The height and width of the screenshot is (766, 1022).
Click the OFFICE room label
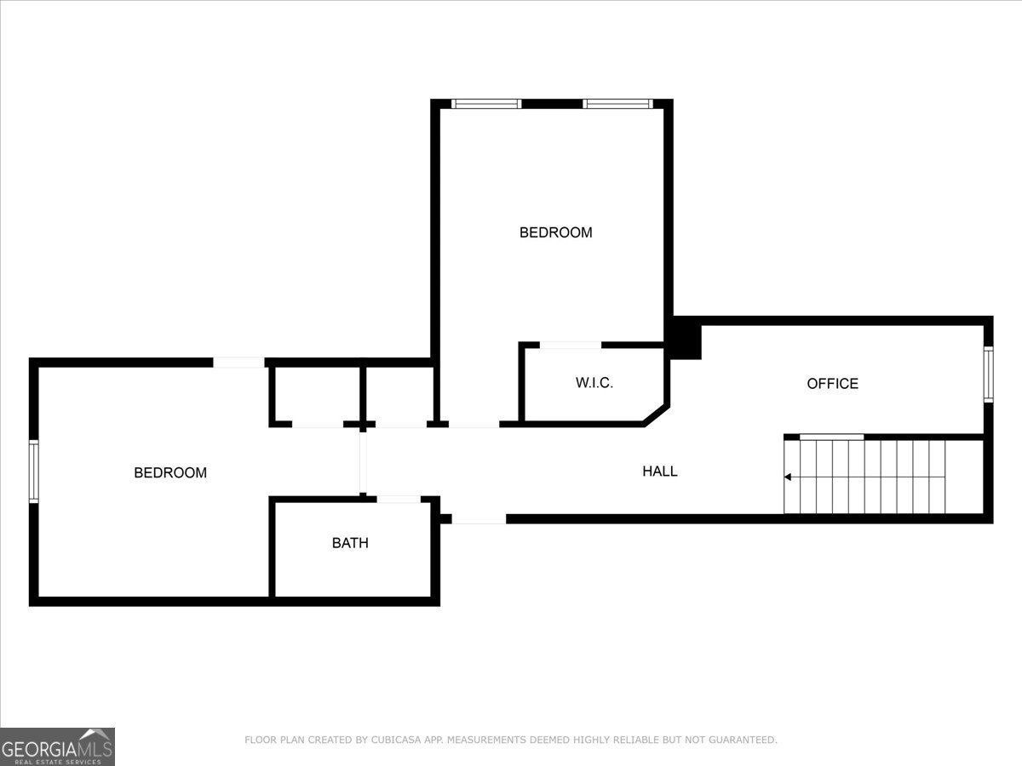click(832, 384)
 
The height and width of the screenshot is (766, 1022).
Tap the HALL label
click(660, 472)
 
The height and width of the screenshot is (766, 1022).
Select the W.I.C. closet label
click(594, 383)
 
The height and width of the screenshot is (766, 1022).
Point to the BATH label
click(350, 543)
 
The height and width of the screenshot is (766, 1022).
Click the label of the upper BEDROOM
click(556, 232)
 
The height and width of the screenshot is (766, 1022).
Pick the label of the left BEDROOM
click(170, 472)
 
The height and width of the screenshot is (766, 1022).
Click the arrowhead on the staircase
click(788, 477)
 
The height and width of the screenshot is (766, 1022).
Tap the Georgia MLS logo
click(57, 746)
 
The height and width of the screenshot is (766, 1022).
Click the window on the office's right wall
click(989, 374)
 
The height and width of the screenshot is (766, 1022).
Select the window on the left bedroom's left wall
click(33, 472)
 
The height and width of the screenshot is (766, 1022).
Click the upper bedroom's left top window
click(486, 104)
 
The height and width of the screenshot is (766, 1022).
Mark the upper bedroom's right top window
click(617, 104)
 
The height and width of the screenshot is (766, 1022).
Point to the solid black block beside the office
click(685, 339)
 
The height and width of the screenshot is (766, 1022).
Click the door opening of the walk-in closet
click(571, 345)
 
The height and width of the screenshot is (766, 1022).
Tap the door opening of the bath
click(399, 499)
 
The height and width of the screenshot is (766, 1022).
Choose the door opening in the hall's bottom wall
click(479, 518)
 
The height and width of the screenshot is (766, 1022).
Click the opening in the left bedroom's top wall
click(238, 363)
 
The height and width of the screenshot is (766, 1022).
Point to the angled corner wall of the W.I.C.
click(657, 415)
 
